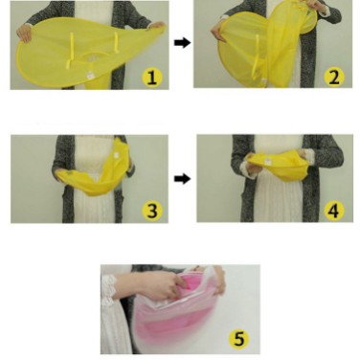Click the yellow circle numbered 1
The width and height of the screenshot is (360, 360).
(152, 78)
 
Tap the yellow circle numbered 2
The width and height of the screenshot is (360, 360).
(334, 78)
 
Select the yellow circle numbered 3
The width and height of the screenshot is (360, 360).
(152, 211)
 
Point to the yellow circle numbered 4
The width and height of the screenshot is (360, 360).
(334, 211)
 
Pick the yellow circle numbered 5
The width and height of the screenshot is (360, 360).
(239, 338)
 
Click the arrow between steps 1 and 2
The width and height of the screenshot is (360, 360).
(182, 43)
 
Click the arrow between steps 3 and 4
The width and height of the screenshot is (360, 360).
(182, 179)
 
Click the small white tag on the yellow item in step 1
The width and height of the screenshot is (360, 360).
(89, 75)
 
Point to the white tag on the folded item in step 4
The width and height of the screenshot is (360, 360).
(267, 162)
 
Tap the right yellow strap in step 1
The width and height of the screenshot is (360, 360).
(116, 43)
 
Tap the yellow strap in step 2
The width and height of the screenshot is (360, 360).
(257, 55)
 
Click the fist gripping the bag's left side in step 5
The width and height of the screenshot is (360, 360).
(166, 285)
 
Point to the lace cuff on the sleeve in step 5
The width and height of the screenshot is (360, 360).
(108, 287)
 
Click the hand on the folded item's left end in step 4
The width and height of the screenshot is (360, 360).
(252, 163)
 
